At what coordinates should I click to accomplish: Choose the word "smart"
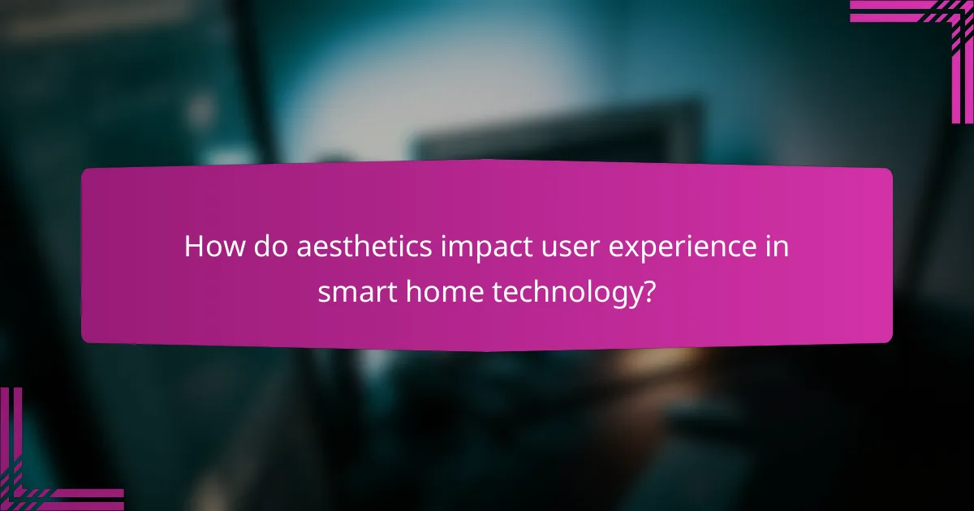352,292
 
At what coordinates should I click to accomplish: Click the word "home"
439,292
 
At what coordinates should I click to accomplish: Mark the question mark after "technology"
647,292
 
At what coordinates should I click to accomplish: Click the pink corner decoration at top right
933,32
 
